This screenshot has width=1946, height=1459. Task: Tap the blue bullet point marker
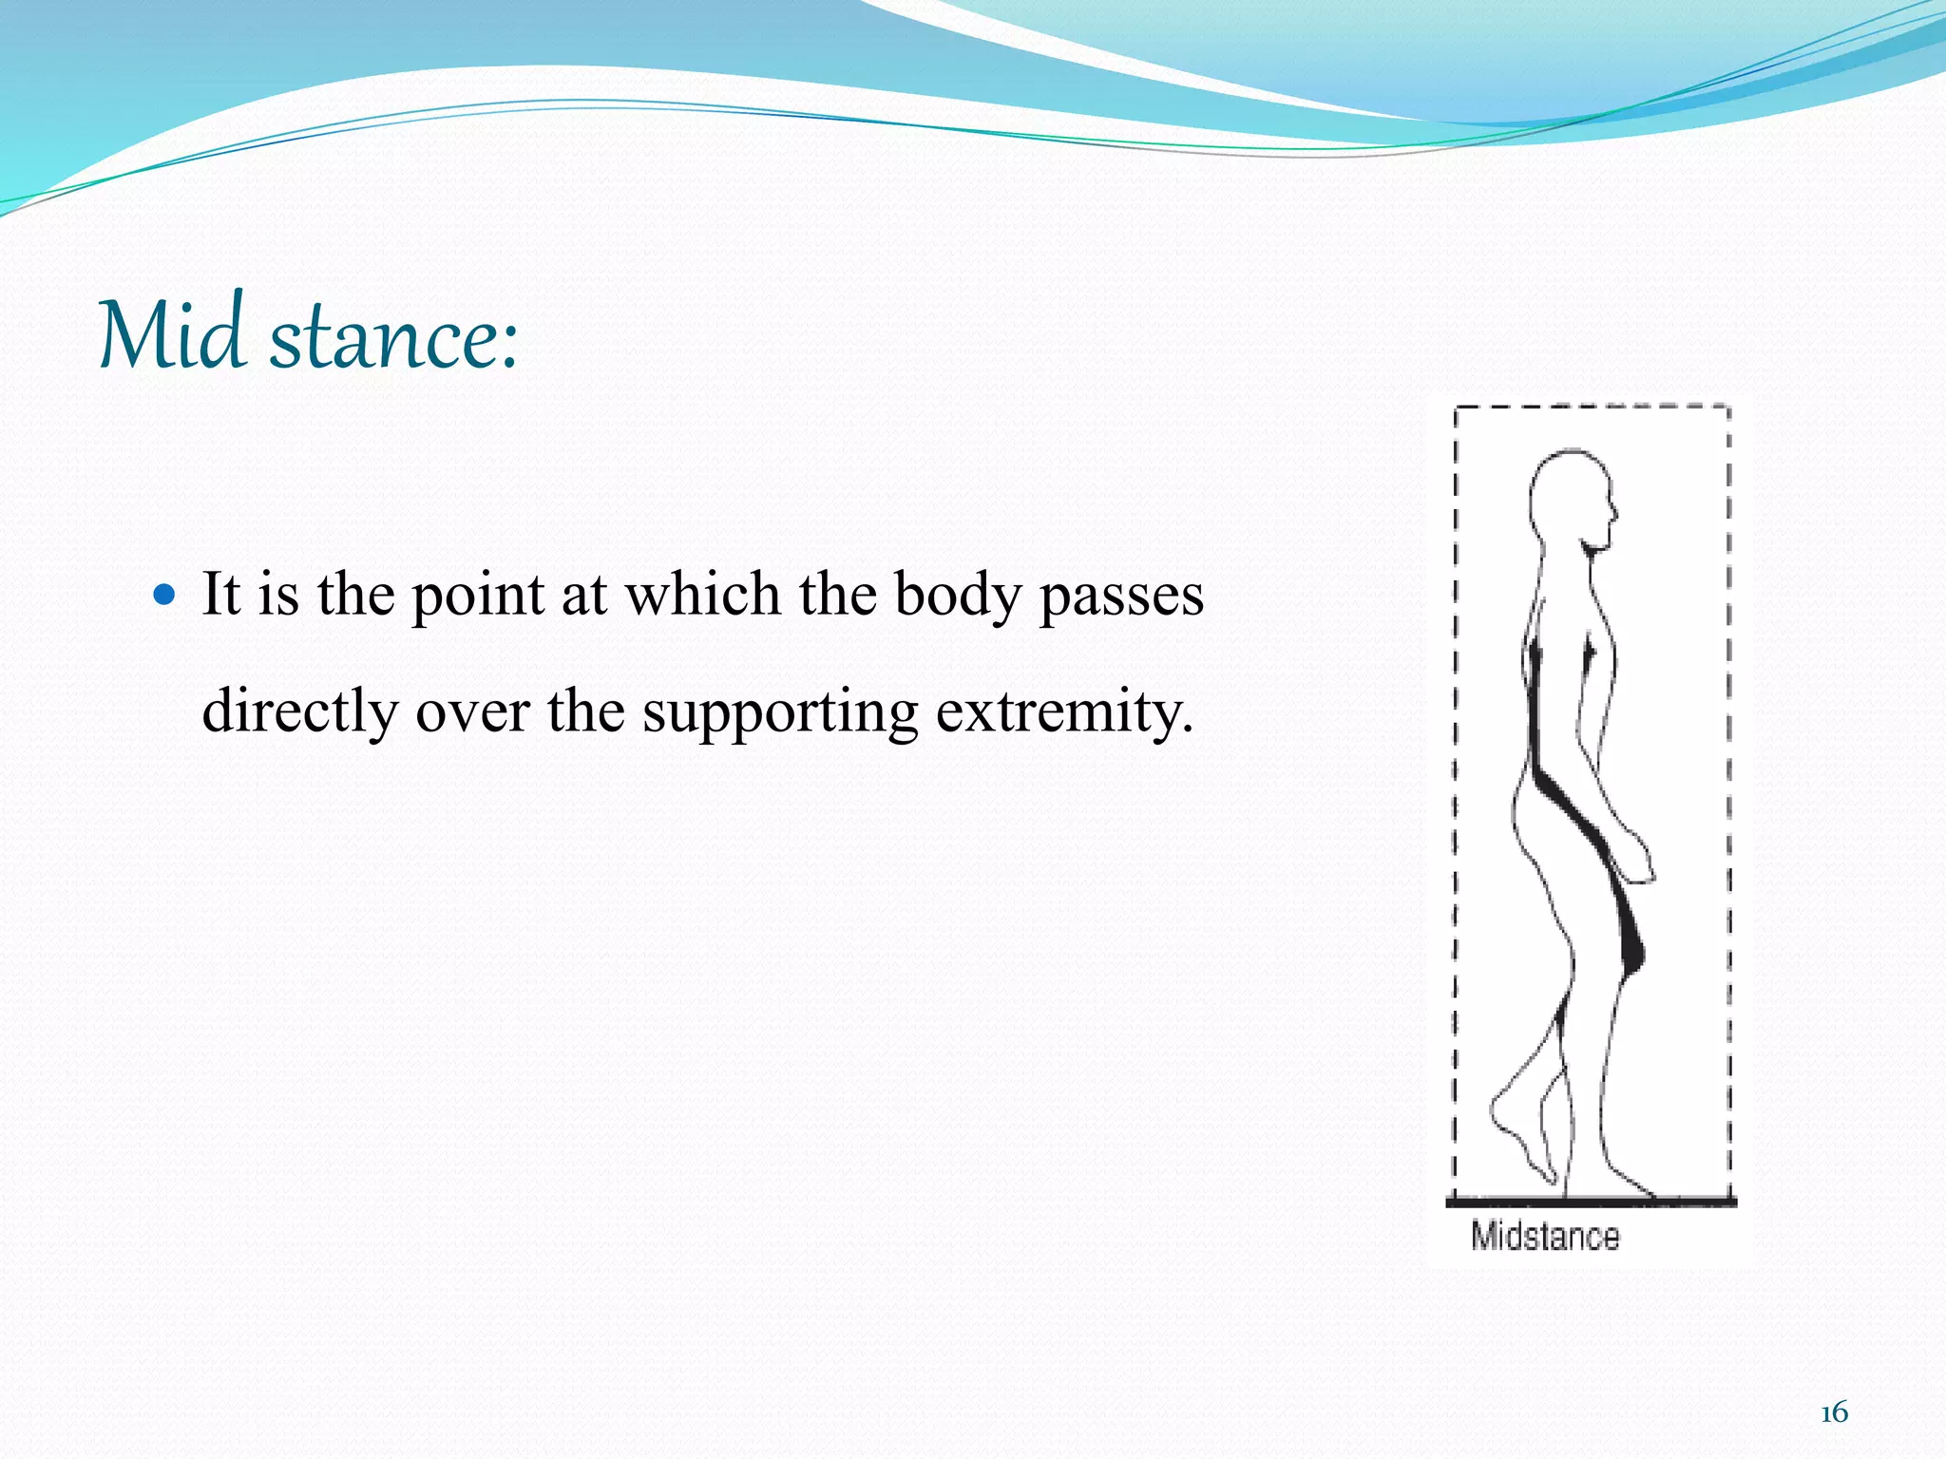click(x=165, y=596)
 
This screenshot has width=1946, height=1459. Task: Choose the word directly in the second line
click(x=299, y=712)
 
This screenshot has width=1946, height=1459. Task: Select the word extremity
click(x=1063, y=712)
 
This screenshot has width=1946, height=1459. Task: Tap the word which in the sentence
click(x=701, y=596)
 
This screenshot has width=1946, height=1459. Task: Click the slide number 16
click(x=1834, y=1412)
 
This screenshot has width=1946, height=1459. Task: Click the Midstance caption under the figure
click(x=1545, y=1237)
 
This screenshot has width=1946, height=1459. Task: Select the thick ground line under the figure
click(x=1591, y=1203)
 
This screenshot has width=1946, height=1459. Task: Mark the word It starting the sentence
click(x=220, y=596)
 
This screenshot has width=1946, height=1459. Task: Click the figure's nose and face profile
click(x=1610, y=513)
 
